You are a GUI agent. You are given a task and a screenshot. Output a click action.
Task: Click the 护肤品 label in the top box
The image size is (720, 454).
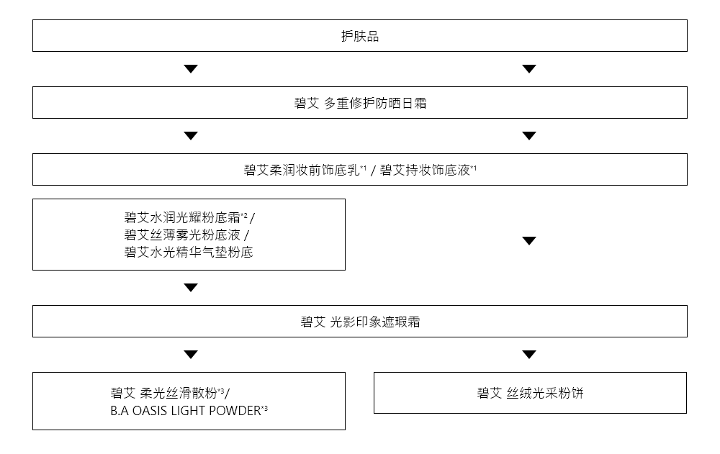[x=359, y=36]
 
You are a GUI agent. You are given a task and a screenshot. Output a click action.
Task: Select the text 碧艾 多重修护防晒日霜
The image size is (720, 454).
[x=359, y=103]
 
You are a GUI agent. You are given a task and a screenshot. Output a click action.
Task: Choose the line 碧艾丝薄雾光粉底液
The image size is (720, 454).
[x=182, y=235]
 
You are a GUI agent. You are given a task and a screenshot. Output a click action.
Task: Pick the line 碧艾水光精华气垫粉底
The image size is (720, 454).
[x=189, y=253]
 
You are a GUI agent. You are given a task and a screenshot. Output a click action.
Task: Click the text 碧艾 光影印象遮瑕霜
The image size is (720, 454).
[x=359, y=322]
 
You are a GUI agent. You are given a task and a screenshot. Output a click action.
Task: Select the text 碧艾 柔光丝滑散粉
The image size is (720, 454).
[x=166, y=393]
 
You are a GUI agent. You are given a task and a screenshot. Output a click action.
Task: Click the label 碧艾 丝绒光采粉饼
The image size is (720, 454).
[x=530, y=393]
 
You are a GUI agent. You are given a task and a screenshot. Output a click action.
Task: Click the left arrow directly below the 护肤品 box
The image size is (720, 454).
[x=190, y=69]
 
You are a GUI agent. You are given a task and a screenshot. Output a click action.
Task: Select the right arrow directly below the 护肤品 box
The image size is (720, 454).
[x=529, y=69]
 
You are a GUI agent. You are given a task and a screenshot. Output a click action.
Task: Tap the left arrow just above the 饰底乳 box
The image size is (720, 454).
[x=190, y=136]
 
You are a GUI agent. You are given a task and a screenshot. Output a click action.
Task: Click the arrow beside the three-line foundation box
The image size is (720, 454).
[x=529, y=241]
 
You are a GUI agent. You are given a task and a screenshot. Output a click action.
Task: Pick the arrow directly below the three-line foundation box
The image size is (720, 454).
[x=190, y=288]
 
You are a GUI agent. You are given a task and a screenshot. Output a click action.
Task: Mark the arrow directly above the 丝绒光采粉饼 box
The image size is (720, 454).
[x=529, y=355]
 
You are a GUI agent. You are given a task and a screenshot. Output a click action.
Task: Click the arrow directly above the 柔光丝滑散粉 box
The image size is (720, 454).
[x=190, y=355]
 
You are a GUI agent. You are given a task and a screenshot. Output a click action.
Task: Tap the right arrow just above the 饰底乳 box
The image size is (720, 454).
[x=529, y=136]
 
